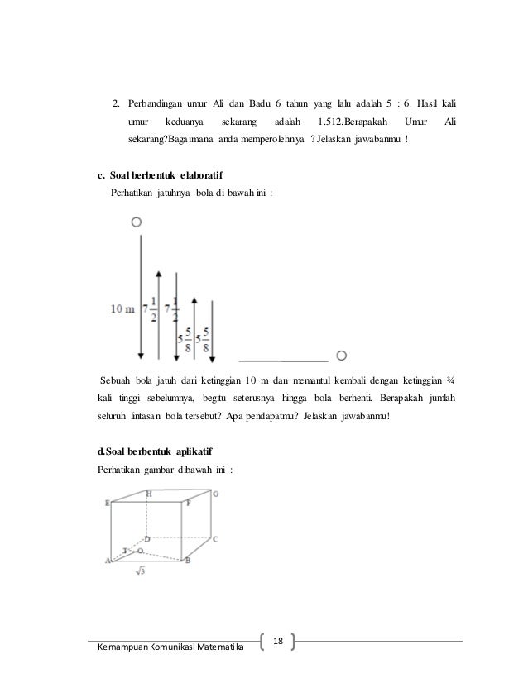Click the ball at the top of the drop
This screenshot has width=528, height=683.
[137, 222]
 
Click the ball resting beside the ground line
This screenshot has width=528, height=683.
[342, 356]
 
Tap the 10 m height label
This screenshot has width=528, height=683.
[121, 308]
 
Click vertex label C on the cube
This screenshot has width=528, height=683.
[214, 539]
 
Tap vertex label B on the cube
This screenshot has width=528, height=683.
[188, 561]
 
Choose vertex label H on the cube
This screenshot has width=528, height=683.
[148, 494]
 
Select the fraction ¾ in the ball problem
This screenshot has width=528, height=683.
[451, 380]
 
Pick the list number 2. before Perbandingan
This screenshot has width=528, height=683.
[117, 104]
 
